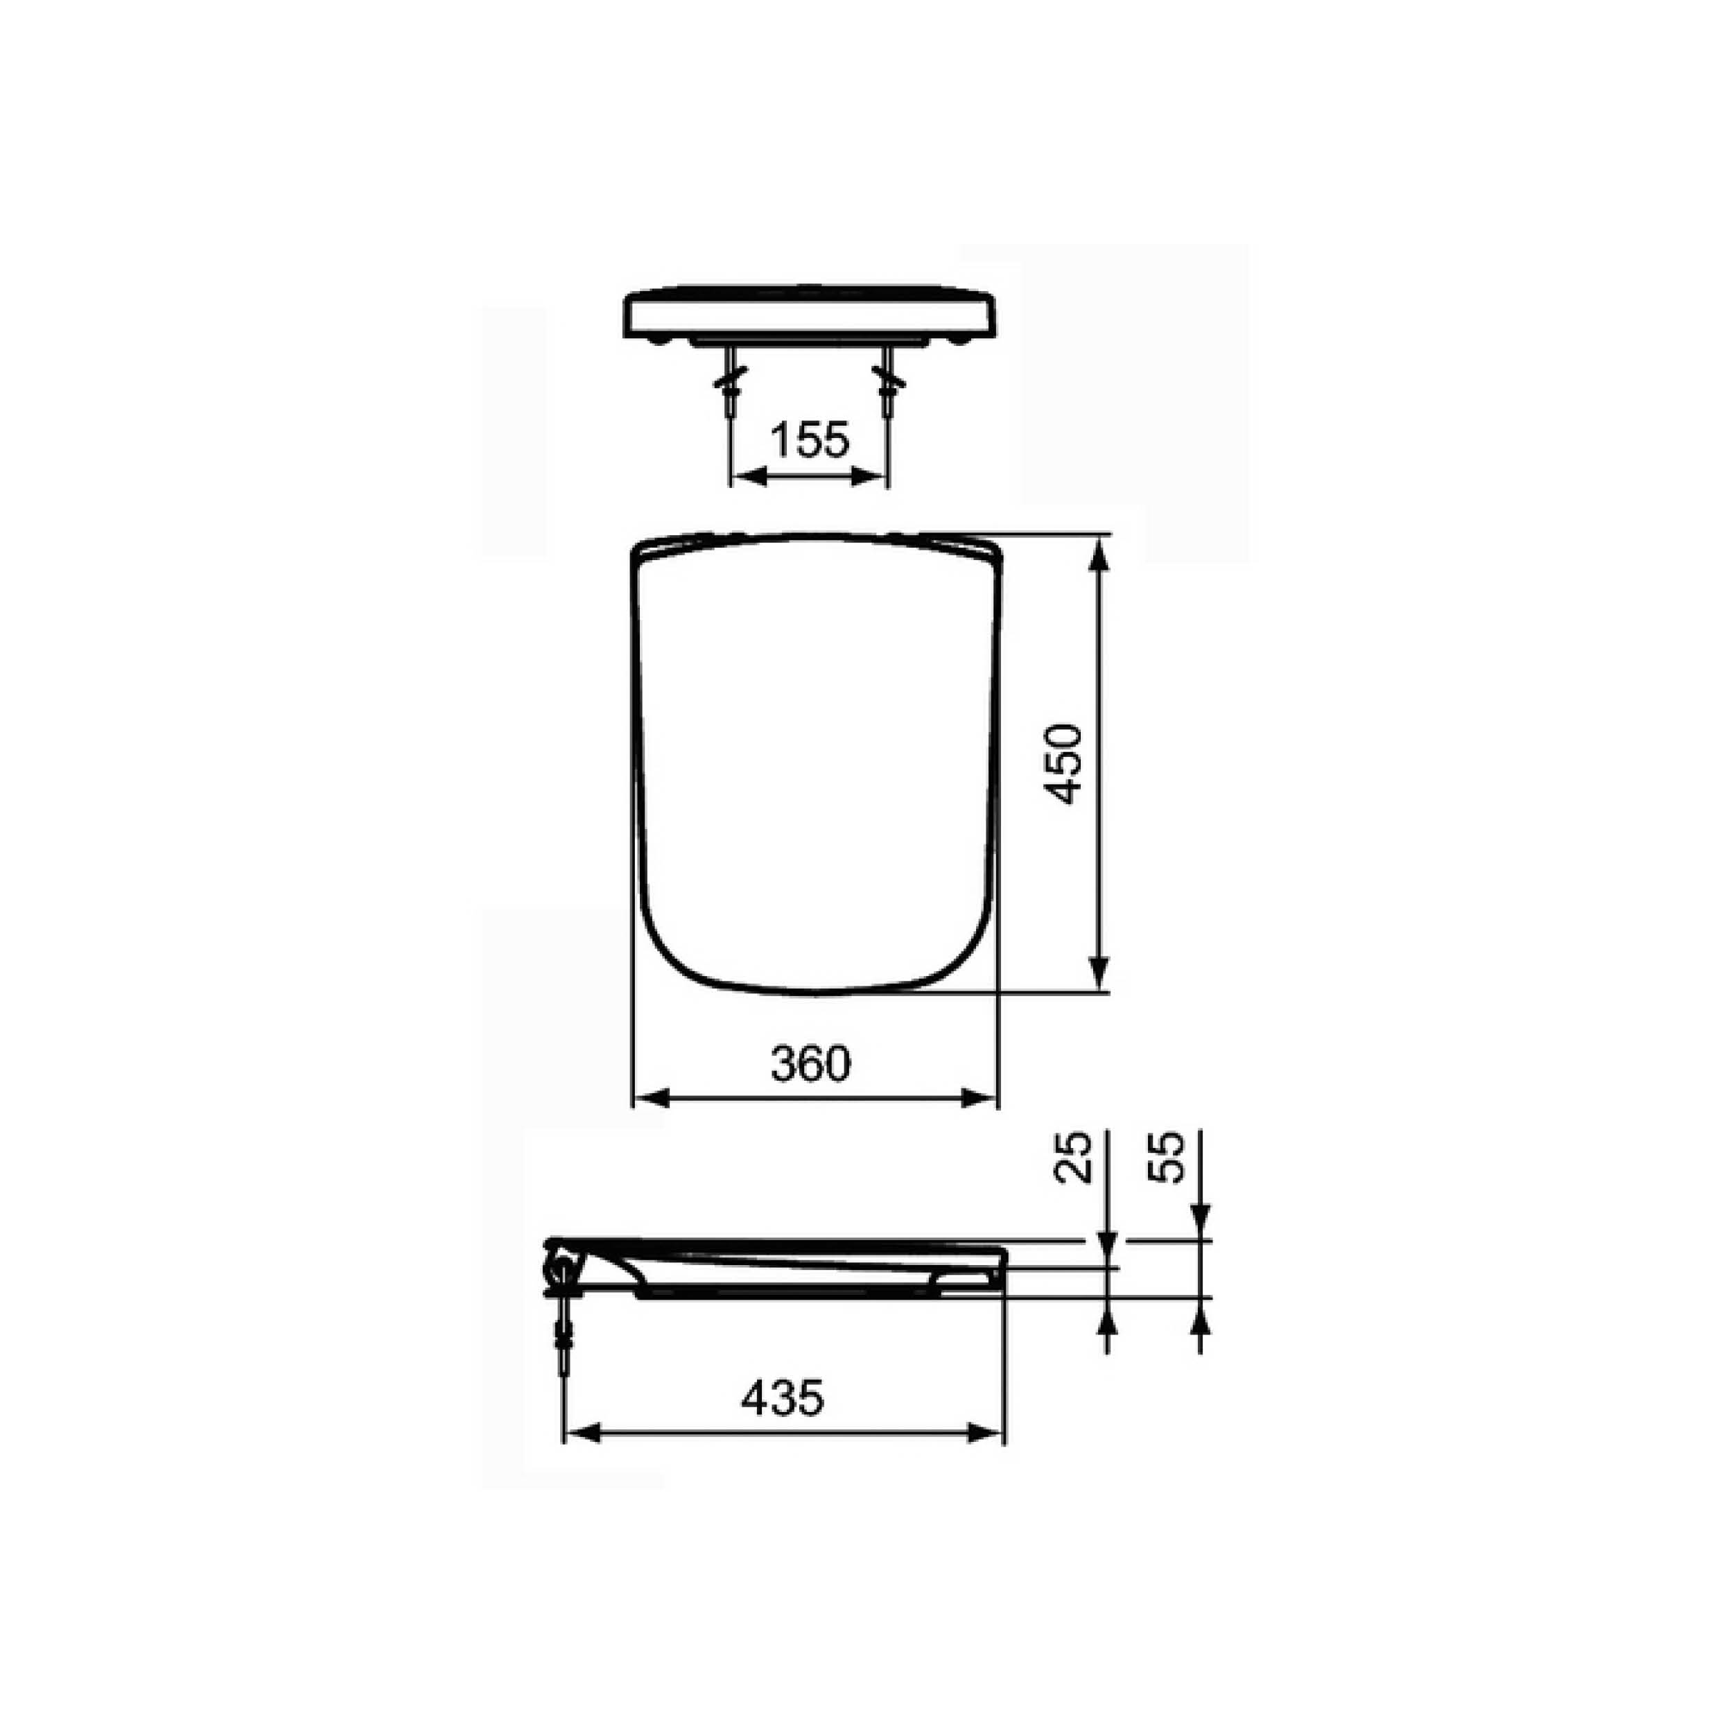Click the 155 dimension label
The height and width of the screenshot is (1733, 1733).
coord(809,439)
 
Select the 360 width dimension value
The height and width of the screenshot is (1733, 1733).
coord(810,1065)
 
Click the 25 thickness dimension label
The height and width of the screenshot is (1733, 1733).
coord(1074,1156)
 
